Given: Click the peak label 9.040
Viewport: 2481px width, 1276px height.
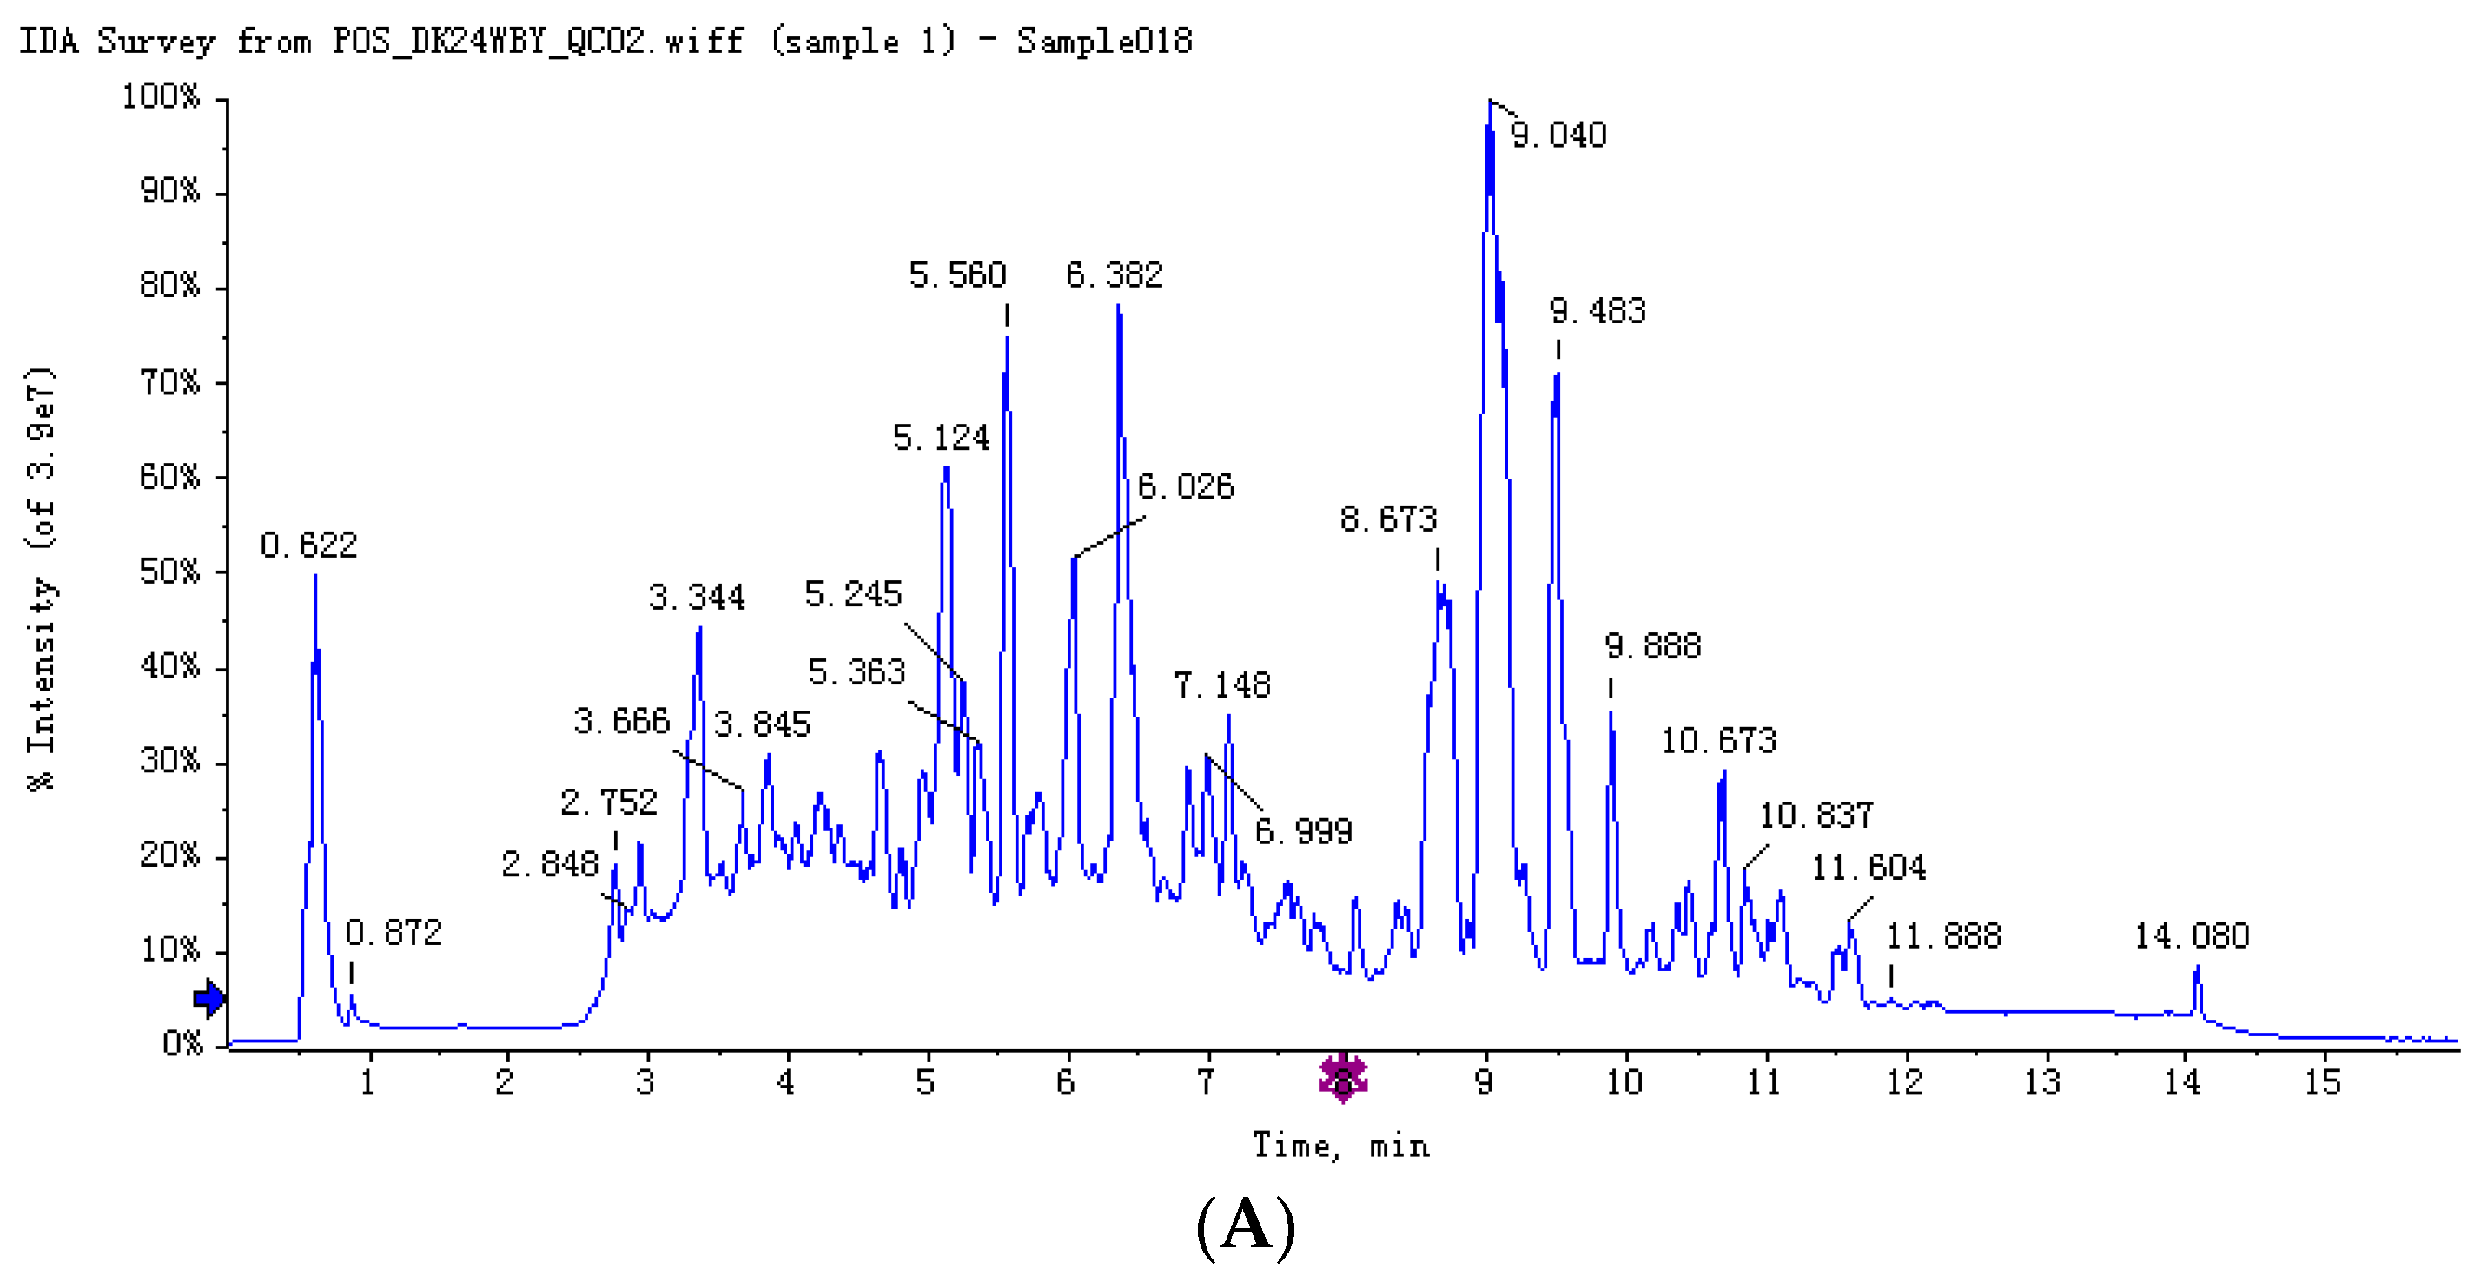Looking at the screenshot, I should [x=1558, y=135].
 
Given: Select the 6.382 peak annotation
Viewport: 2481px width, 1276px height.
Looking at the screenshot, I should [x=1114, y=275].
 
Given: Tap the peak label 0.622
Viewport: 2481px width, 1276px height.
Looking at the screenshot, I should [x=308, y=545].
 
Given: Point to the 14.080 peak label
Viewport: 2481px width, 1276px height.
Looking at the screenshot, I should [x=2191, y=936].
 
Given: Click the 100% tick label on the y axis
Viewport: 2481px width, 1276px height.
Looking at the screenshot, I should [x=161, y=96].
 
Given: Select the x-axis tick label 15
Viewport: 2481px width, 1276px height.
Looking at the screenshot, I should [x=2321, y=1082].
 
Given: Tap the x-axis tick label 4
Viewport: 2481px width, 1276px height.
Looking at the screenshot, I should [x=786, y=1082].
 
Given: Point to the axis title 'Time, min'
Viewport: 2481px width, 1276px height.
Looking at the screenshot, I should [x=1340, y=1146].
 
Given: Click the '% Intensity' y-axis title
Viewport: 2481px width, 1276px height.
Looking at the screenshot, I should [x=41, y=578].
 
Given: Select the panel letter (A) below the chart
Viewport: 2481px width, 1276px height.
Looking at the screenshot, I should [x=1246, y=1225].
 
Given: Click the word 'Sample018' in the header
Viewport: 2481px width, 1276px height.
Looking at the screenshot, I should [x=1105, y=42].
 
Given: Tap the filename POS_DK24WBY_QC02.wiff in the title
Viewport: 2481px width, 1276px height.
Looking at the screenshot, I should [x=538, y=42].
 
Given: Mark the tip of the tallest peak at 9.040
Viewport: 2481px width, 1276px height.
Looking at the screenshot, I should [x=1489, y=100].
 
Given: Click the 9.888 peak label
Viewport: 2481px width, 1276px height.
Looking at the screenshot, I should [x=1653, y=645].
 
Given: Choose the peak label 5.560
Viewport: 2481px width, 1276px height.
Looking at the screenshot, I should [x=957, y=275].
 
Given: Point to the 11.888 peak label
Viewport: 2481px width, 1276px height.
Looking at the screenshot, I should [x=1942, y=936].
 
